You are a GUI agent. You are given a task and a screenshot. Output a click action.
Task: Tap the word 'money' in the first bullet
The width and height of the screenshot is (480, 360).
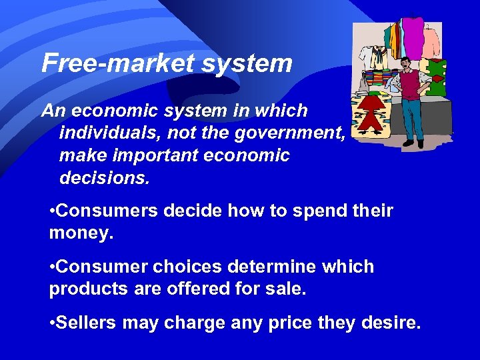point(76,233)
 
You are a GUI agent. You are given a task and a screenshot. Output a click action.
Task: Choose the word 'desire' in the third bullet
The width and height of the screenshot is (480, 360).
point(393,323)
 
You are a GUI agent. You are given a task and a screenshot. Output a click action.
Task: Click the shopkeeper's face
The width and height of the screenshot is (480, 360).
point(405,65)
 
